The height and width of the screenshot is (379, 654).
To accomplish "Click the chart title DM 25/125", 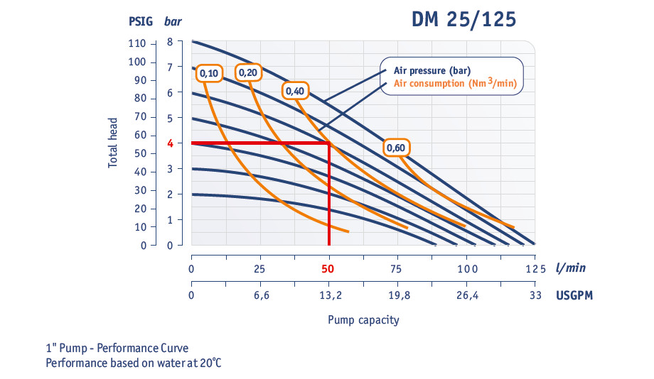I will (463, 19).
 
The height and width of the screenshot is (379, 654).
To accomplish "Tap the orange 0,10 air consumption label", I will (210, 73).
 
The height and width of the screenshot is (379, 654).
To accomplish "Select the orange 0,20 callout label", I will (248, 72).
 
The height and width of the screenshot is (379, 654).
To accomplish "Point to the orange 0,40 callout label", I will (294, 91).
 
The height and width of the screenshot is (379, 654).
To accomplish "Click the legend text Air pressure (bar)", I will (432, 70).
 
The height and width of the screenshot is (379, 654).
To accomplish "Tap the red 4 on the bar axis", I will (171, 143).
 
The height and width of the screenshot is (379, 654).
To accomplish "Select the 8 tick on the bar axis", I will (170, 42).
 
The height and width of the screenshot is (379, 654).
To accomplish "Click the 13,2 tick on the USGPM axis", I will (328, 296).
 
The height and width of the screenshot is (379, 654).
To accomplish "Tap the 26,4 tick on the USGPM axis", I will (466, 296).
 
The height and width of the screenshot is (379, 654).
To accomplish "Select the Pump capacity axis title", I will (363, 320).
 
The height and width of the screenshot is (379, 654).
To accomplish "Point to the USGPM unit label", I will (574, 296).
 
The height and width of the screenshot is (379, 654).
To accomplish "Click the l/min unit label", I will (572, 268).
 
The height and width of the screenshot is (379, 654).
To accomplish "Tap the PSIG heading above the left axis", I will (140, 21).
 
